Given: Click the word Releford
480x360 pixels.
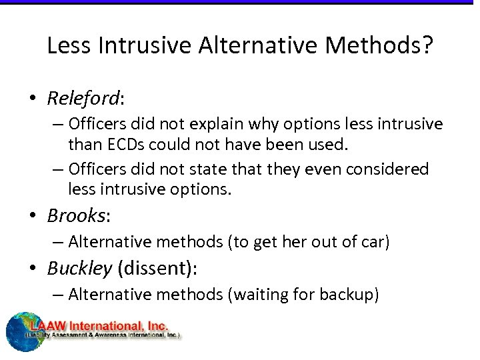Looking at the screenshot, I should click(x=83, y=99).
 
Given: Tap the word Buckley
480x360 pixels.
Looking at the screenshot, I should click(x=79, y=268).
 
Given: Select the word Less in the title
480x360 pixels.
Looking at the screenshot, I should click(x=70, y=45).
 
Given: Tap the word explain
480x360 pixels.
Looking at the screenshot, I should click(x=197, y=124).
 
